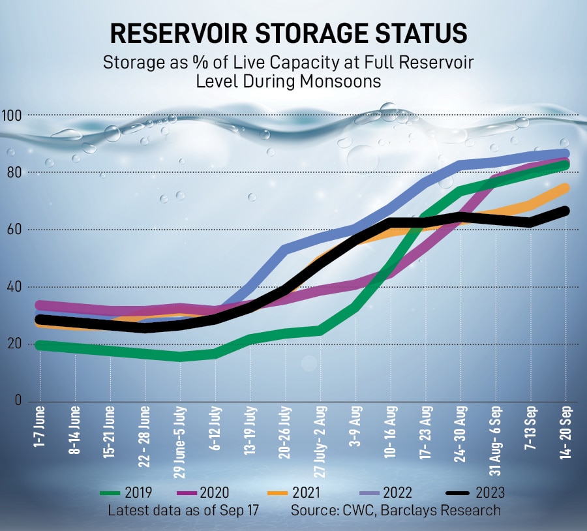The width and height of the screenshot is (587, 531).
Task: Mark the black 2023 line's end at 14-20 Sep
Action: point(564,211)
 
